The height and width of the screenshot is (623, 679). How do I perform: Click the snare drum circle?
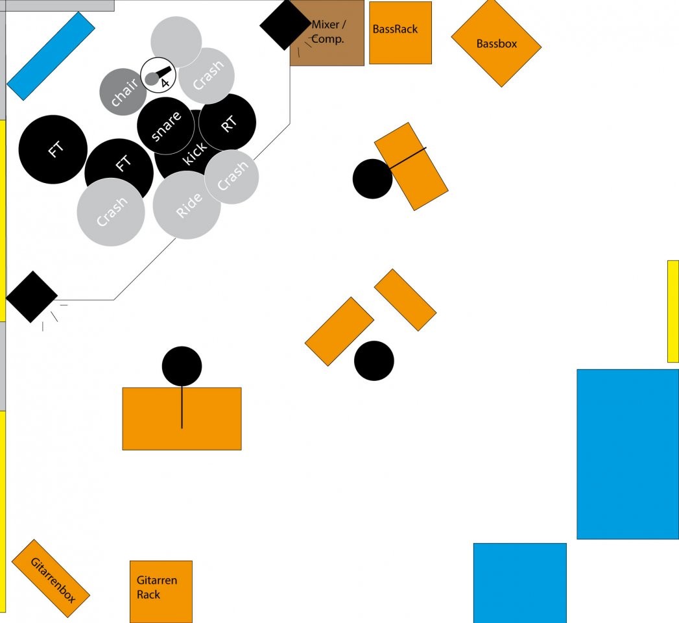[x=165, y=126]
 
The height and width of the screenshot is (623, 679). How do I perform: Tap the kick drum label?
[x=195, y=154]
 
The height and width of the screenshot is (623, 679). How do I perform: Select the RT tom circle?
[x=228, y=122]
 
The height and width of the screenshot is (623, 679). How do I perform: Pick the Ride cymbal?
[x=187, y=206]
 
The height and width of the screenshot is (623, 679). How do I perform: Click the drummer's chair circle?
[x=123, y=92]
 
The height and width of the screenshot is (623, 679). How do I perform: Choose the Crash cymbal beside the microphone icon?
[x=208, y=76]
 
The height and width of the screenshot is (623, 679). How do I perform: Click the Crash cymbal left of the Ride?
[x=111, y=212]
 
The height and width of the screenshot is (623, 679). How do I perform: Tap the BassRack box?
[x=400, y=32]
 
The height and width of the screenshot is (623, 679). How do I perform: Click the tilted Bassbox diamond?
[x=496, y=43]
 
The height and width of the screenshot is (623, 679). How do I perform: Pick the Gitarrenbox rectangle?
[x=51, y=578]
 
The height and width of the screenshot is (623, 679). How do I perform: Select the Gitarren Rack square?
[x=161, y=591]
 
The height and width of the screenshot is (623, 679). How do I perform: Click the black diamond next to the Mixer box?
[x=285, y=24]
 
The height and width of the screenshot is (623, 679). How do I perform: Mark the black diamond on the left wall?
[x=32, y=297]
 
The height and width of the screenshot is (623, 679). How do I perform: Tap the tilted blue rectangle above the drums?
[x=51, y=56]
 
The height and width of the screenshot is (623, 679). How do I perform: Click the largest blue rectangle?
[x=627, y=454]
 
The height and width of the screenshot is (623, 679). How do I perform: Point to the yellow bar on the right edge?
[x=673, y=311]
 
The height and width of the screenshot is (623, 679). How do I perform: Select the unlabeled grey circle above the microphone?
[x=176, y=40]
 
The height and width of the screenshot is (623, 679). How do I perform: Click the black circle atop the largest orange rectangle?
[x=182, y=366]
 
